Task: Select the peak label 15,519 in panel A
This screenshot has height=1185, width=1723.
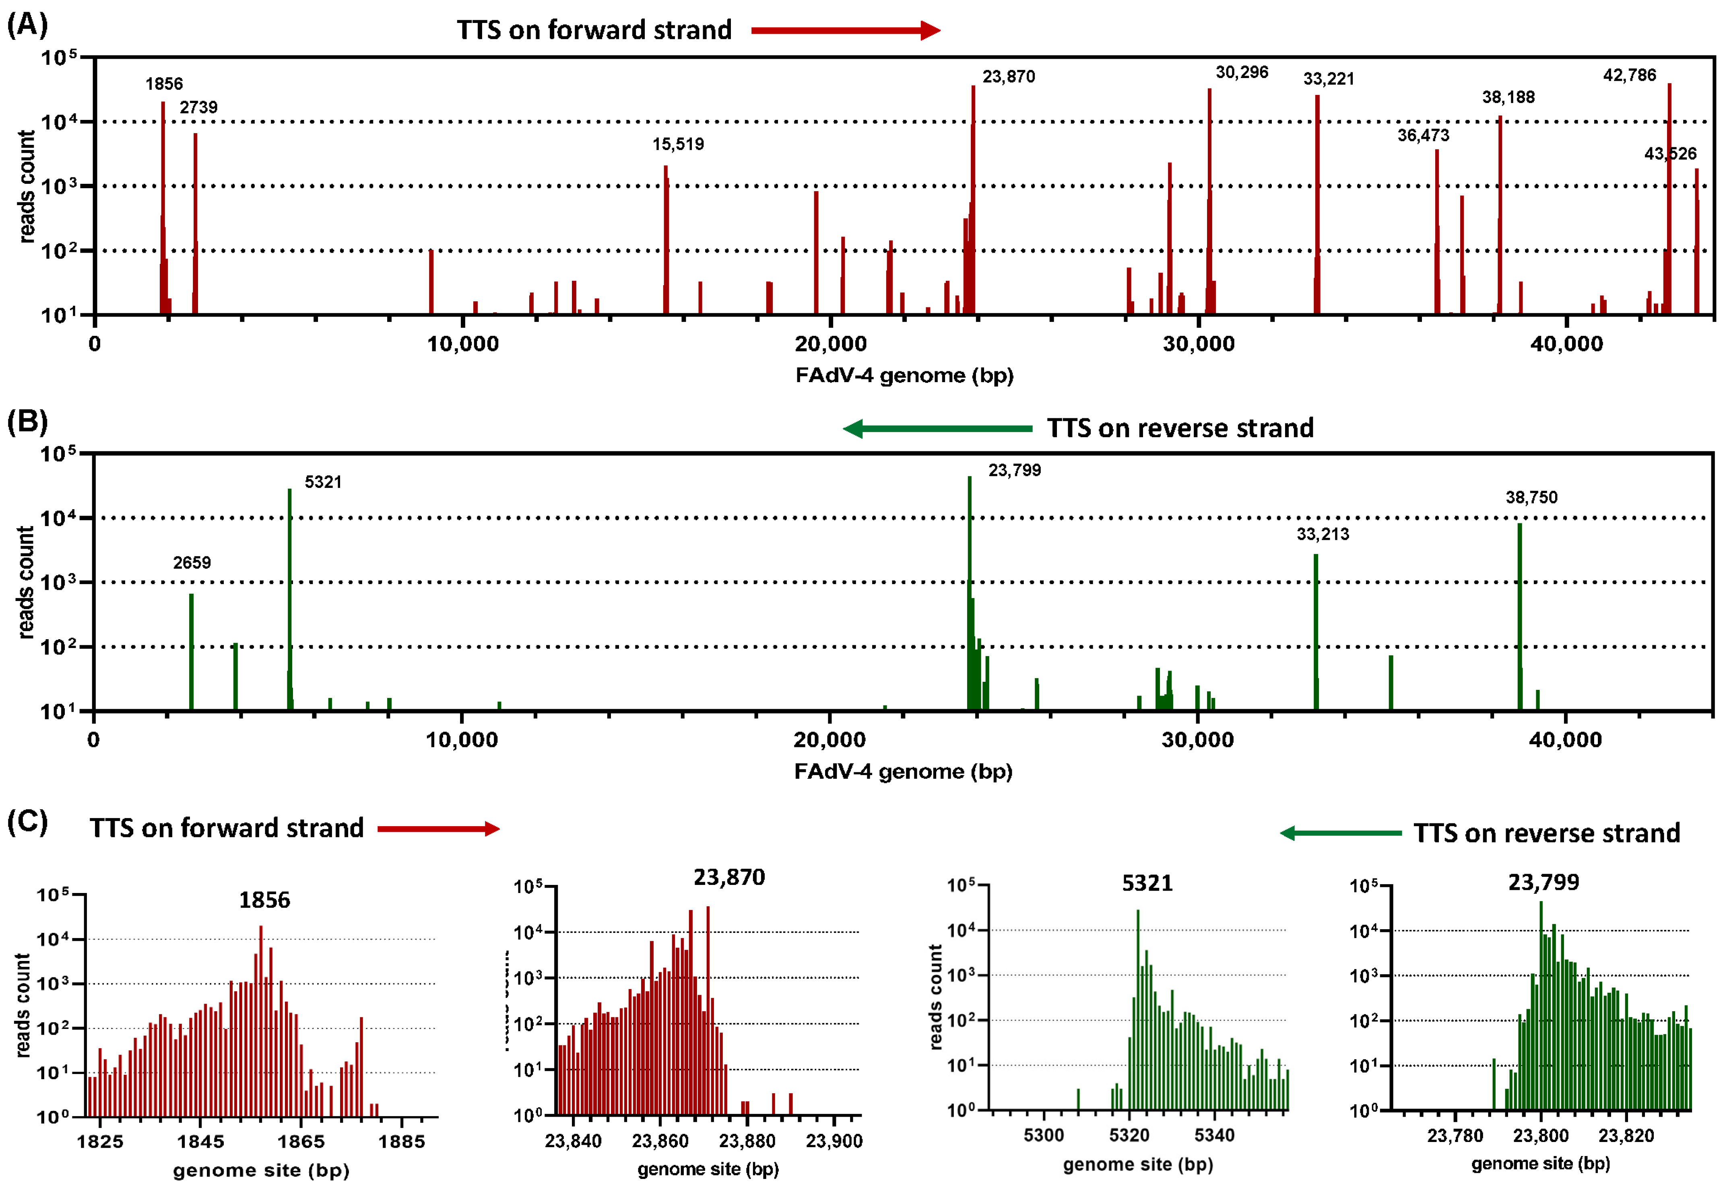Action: [x=678, y=144]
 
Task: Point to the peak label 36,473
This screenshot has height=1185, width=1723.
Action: [x=1423, y=135]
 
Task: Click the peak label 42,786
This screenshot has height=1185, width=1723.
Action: [x=1629, y=75]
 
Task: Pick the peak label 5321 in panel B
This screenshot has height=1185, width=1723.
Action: [x=323, y=482]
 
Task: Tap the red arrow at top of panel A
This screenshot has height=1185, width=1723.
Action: [x=846, y=31]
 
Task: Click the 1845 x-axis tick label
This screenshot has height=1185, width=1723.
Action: [x=200, y=1141]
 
